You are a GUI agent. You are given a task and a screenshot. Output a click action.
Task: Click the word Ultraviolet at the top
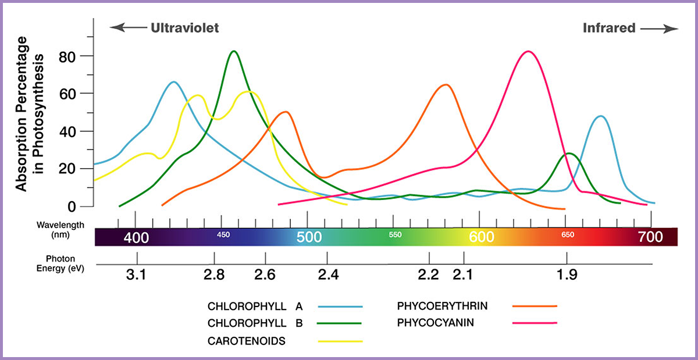[185, 28]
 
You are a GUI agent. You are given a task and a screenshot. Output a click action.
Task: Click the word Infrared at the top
[608, 28]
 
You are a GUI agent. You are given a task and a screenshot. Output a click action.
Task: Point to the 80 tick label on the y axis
[71, 56]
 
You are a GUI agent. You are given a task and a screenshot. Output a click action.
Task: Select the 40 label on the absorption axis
[71, 131]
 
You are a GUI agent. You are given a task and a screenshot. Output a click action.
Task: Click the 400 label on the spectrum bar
[136, 237]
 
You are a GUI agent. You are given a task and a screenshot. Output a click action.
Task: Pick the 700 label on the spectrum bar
[650, 237]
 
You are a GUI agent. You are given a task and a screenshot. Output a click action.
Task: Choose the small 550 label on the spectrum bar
[395, 235]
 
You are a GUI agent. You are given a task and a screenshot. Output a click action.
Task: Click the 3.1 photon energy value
[136, 275]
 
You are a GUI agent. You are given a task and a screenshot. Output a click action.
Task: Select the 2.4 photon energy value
[328, 275]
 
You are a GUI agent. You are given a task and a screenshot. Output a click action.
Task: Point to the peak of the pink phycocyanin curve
[528, 52]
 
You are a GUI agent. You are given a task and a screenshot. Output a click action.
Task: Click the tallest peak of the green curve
[234, 51]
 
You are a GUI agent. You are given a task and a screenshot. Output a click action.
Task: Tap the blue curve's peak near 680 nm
[601, 116]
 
